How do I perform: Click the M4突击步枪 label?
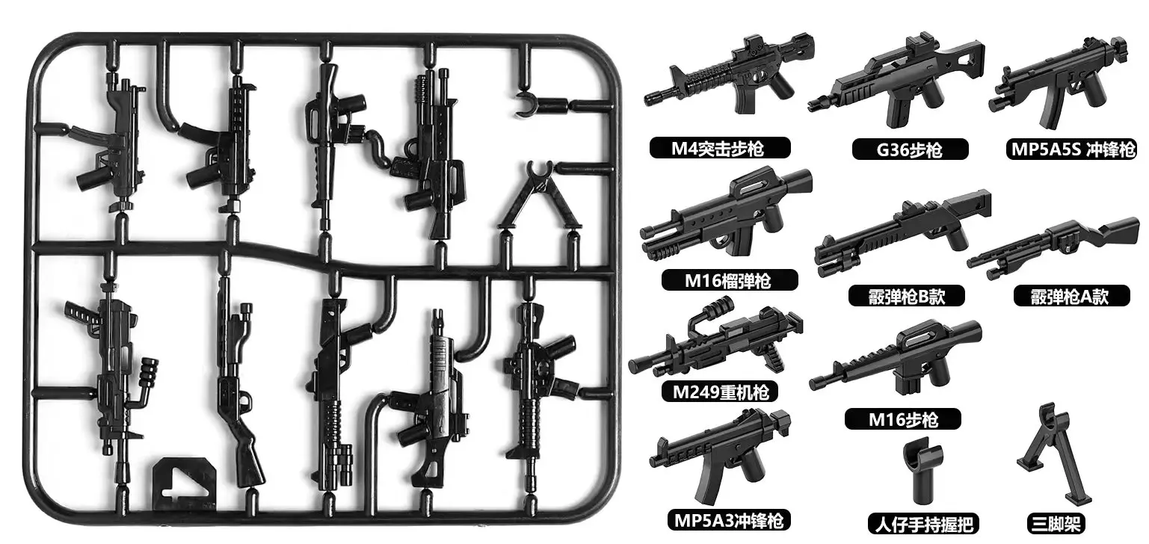[720, 148]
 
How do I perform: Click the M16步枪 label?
[903, 419]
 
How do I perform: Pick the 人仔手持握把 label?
[923, 524]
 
